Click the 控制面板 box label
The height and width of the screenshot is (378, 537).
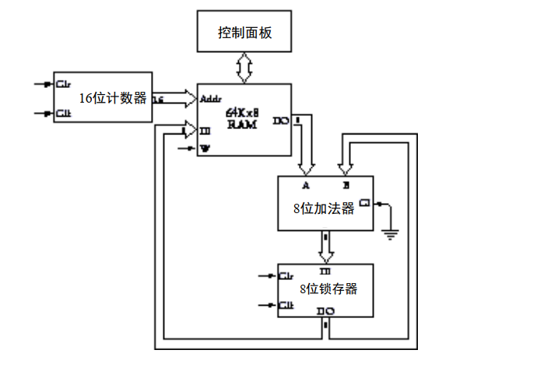click(x=244, y=33)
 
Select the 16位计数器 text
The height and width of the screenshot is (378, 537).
click(x=113, y=98)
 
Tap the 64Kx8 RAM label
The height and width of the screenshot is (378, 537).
click(x=242, y=118)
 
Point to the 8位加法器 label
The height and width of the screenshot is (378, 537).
click(x=324, y=208)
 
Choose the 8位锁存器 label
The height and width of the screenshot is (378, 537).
click(x=328, y=289)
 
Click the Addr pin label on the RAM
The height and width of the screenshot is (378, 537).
click(x=211, y=99)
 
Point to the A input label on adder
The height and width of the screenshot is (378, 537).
click(x=305, y=186)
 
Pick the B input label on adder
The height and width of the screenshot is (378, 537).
click(x=346, y=186)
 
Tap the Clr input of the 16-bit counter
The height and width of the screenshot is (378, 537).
click(x=64, y=83)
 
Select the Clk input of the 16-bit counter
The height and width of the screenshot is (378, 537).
click(x=64, y=114)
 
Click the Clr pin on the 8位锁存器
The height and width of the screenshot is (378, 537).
click(x=286, y=275)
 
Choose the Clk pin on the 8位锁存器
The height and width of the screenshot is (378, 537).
click(x=286, y=305)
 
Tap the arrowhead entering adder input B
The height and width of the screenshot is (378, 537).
click(x=346, y=167)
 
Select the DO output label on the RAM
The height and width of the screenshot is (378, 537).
click(x=281, y=121)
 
